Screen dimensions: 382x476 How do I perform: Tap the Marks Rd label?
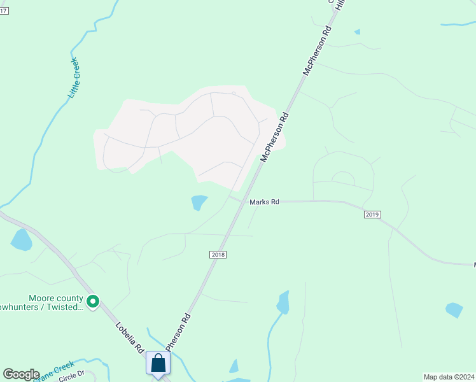click(x=264, y=202)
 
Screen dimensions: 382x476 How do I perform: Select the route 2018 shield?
click(x=218, y=254)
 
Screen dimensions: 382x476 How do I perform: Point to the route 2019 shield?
click(x=373, y=215)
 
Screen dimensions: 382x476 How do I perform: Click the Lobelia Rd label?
click(x=129, y=337)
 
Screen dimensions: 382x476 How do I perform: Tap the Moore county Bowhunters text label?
click(x=56, y=302)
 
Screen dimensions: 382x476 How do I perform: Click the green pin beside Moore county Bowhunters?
click(x=93, y=302)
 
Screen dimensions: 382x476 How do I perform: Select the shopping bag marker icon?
click(x=158, y=364)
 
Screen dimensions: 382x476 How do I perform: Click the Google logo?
click(x=21, y=374)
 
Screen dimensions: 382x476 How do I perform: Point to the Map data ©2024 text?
click(x=449, y=376)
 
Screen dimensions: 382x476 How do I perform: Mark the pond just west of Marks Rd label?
click(x=199, y=202)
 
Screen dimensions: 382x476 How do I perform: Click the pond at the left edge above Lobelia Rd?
click(x=21, y=239)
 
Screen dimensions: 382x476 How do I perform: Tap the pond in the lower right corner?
click(x=454, y=310)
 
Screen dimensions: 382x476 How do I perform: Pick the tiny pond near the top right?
click(x=357, y=31)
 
